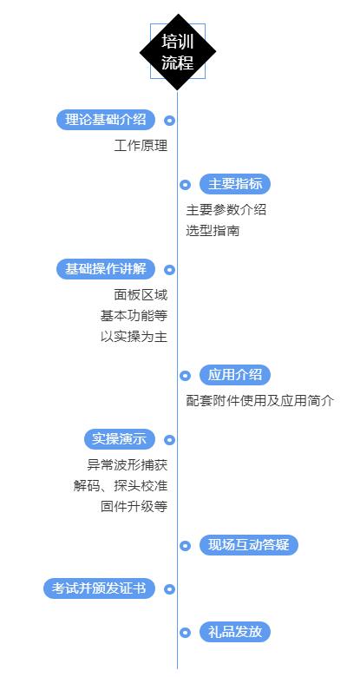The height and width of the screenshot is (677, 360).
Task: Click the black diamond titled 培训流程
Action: click(178, 52)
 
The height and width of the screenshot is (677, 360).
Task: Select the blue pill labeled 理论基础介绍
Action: click(105, 120)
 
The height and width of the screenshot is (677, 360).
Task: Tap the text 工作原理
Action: click(141, 145)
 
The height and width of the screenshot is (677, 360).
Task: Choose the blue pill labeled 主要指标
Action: click(235, 183)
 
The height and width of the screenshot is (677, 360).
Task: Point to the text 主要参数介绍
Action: click(226, 209)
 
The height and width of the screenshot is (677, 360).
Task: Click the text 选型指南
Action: click(213, 231)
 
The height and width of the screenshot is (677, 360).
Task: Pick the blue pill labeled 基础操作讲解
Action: click(105, 269)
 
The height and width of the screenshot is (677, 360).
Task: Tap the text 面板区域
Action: click(141, 295)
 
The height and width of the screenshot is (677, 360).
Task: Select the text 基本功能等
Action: click(134, 316)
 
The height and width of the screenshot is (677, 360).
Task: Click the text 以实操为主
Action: click(134, 337)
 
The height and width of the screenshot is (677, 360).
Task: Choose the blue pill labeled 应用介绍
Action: click(235, 375)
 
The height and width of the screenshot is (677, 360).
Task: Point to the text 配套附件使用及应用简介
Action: click(259, 401)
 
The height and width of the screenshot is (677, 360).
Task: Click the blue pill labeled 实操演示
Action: click(119, 439)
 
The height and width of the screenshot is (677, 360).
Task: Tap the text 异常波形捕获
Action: click(127, 464)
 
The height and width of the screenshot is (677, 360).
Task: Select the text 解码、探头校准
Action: click(120, 485)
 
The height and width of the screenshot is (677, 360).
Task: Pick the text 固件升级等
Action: click(134, 506)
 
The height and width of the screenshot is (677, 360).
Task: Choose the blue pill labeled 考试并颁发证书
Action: click(99, 588)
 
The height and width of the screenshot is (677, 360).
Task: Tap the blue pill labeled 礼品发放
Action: click(235, 632)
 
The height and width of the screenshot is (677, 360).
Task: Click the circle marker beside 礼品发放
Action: click(185, 633)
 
